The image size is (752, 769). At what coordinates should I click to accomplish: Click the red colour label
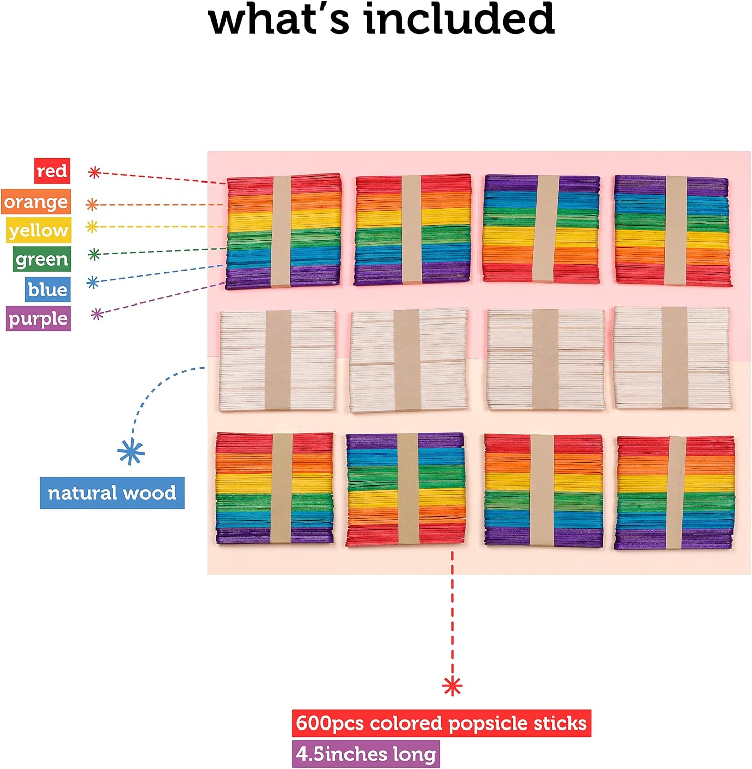tap(52, 171)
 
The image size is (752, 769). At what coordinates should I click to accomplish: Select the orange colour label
tap(36, 202)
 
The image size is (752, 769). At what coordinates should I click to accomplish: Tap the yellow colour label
tap(38, 230)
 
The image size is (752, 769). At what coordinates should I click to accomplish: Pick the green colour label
tap(42, 259)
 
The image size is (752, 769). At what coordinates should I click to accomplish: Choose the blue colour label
tap(48, 290)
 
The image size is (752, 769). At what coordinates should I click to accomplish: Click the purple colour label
tap(38, 318)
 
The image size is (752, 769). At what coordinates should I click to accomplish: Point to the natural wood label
tap(112, 493)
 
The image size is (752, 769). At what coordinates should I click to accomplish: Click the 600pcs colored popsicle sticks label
tap(441, 723)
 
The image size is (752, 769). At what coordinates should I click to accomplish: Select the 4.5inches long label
tap(365, 754)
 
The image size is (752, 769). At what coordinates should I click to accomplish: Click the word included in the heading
tap(459, 19)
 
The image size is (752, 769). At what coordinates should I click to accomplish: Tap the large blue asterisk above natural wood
tap(131, 452)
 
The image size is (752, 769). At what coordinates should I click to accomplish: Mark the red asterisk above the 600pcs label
tap(452, 685)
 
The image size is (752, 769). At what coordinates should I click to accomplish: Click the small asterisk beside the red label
tap(94, 172)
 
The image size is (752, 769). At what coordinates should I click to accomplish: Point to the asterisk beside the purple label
tap(97, 313)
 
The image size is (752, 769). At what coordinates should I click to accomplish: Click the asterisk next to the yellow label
tap(92, 226)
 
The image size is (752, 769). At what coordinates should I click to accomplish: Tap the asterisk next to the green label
tap(94, 254)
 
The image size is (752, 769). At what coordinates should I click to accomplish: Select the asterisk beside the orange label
tap(92, 205)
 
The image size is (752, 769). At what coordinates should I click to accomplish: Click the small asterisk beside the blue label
tap(93, 282)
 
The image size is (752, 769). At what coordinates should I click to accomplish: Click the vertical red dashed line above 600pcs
tap(452, 615)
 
